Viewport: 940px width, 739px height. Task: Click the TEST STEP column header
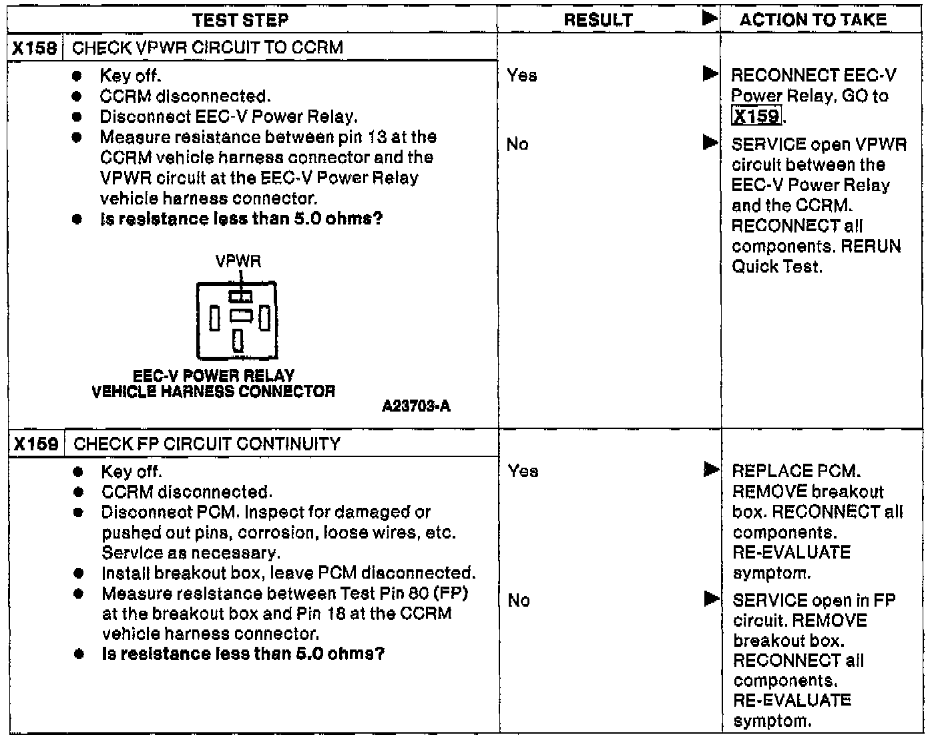pos(240,20)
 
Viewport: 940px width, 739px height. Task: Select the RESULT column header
pos(598,20)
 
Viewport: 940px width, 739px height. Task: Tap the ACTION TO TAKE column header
pos(812,20)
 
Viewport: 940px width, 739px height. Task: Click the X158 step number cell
pos(35,48)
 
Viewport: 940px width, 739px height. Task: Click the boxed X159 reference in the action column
pos(756,116)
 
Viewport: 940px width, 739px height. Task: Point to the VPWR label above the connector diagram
pos(238,261)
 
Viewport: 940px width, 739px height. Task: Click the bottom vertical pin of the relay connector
pos(238,340)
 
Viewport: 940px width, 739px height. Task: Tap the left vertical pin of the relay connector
pos(214,318)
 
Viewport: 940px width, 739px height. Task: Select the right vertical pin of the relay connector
pos(264,318)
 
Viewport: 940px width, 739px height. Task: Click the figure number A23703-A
pos(416,406)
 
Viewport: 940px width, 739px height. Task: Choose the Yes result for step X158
pos(521,76)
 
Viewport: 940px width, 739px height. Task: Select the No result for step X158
pos(517,144)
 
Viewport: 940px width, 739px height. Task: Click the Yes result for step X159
pos(522,472)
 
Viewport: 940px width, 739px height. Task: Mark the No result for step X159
pos(519,601)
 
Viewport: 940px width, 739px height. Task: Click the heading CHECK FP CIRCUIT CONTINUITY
pos(207,444)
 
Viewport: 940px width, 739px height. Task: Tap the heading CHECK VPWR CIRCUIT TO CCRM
pos(207,48)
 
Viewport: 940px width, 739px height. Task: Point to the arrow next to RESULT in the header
pos(710,19)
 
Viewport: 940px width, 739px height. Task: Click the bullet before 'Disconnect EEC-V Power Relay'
pos(78,117)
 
